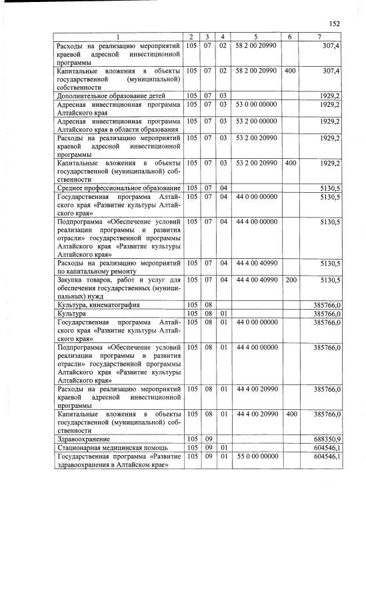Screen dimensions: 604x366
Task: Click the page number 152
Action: pyautogui.click(x=335, y=23)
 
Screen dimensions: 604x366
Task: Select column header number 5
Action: pyautogui.click(x=255, y=35)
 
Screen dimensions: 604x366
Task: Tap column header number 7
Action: pyautogui.click(x=320, y=35)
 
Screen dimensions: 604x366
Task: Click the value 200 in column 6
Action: pyautogui.click(x=290, y=280)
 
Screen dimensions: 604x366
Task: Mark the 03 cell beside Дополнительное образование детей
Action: pyautogui.click(x=223, y=95)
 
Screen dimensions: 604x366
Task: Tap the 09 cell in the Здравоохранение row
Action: pyautogui.click(x=207, y=438)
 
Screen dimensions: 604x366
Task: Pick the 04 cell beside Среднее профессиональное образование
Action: pyautogui.click(x=223, y=188)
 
